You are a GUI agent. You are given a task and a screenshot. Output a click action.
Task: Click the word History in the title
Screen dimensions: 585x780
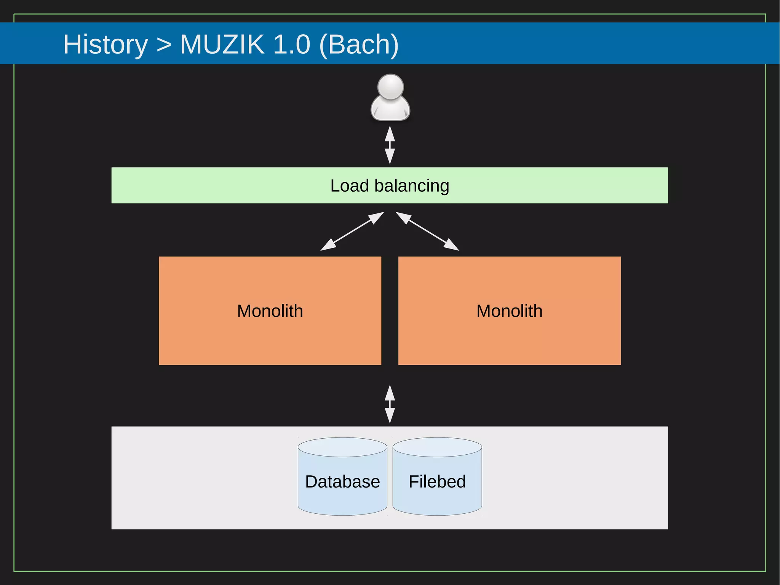pos(105,45)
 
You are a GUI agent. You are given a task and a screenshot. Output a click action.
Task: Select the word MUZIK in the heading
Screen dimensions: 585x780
pos(222,45)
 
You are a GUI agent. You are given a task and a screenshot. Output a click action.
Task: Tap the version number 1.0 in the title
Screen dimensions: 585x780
pos(292,45)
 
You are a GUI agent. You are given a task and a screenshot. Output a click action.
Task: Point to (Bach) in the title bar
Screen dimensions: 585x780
pos(359,45)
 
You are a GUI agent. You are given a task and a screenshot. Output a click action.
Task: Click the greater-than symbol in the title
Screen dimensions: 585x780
pos(164,45)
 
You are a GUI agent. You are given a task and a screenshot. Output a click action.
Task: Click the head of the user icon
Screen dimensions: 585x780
pos(390,86)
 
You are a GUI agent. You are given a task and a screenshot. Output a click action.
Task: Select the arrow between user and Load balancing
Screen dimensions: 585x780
pos(390,145)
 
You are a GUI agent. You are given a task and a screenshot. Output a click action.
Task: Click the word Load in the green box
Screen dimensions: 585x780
pos(349,186)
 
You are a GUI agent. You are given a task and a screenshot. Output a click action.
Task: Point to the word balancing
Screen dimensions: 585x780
pos(412,186)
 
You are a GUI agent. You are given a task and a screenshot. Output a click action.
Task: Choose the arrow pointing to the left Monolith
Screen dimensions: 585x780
pos(352,231)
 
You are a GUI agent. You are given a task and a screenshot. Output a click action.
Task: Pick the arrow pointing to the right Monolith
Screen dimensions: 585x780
pos(427,231)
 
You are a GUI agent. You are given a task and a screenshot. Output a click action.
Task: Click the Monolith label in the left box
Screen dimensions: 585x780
pos(270,311)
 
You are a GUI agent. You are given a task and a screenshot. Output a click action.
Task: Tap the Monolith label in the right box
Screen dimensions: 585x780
pos(509,311)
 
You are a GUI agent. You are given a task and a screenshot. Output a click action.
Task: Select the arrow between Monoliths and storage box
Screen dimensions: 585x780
pos(390,404)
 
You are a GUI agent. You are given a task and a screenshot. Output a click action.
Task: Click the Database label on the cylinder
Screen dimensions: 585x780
pos(342,482)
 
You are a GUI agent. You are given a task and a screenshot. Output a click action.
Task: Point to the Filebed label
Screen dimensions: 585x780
pos(437,482)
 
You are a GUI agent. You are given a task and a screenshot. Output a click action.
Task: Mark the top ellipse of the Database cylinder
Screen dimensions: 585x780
pos(342,447)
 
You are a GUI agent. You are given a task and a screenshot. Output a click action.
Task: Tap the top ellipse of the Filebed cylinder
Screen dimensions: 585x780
pos(437,447)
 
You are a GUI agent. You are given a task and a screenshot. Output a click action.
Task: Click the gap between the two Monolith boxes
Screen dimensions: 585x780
pos(390,311)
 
